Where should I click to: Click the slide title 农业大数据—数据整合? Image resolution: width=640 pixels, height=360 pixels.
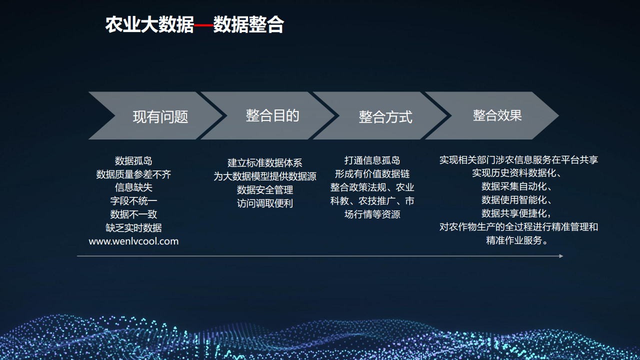(194, 24)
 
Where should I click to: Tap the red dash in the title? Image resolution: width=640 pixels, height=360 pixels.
(203, 25)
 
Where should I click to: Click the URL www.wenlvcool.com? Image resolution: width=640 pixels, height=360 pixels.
(133, 241)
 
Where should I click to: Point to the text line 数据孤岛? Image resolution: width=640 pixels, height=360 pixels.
(133, 161)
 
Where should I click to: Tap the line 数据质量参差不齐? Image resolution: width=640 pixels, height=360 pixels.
(133, 174)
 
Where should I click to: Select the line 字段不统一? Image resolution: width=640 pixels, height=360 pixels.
(133, 201)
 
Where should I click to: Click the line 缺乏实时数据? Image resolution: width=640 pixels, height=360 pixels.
(133, 227)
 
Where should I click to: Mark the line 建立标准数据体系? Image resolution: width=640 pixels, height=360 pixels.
(265, 163)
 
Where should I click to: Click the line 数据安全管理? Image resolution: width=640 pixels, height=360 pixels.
(265, 189)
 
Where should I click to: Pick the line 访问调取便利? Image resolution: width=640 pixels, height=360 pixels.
(265, 203)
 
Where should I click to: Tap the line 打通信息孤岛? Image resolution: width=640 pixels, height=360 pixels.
(372, 160)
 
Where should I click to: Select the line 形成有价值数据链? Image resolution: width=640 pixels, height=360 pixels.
(372, 173)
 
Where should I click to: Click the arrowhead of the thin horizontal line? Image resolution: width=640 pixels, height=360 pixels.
(561, 256)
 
